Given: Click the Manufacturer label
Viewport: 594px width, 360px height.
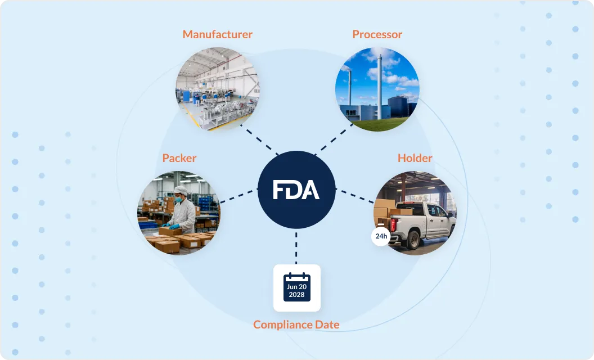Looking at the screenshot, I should (x=217, y=34).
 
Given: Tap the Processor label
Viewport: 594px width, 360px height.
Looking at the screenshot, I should (x=377, y=34).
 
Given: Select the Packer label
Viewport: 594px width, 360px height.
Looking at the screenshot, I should (x=179, y=158).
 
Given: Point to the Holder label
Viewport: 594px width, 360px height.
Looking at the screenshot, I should (x=415, y=158).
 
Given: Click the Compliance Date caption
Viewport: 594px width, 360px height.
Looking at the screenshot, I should (x=296, y=325).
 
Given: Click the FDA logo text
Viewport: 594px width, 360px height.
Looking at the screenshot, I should (x=296, y=190).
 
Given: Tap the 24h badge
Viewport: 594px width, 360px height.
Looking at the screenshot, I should (x=381, y=236).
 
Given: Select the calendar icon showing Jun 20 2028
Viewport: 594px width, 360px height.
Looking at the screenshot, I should (x=296, y=287).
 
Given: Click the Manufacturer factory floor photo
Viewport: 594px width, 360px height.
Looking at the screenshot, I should (x=217, y=89).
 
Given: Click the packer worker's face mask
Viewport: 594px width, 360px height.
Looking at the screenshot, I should (x=178, y=199).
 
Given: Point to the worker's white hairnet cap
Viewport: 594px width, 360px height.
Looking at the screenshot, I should (x=180, y=190).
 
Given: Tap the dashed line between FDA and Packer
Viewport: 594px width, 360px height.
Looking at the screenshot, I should (x=238, y=196).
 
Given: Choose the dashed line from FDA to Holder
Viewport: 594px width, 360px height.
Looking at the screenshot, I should (x=354, y=196).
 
